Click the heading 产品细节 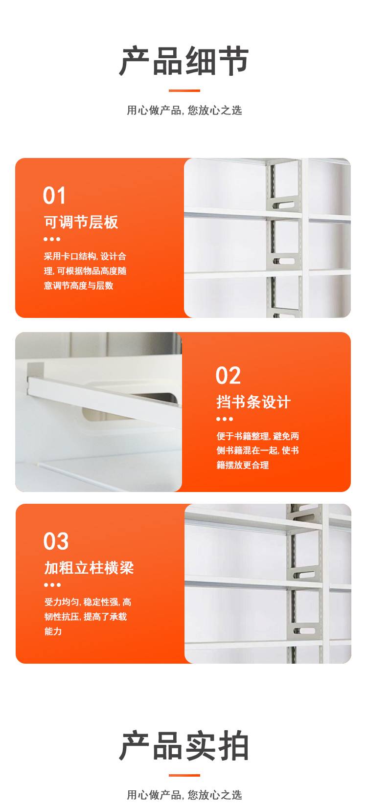[183, 61]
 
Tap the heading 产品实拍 [183, 745]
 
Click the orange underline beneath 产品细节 [184, 90]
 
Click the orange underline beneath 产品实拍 [184, 775]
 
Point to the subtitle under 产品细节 [184, 110]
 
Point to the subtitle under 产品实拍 [184, 794]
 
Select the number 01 [54, 196]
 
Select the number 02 [228, 376]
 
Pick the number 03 [56, 541]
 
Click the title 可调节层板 [81, 222]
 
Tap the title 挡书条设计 [253, 402]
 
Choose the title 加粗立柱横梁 [89, 568]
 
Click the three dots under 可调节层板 [52, 239]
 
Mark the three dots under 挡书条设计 [225, 419]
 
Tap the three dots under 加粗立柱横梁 [52, 585]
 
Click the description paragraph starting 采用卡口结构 [85, 271]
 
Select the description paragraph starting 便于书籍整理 [257, 450]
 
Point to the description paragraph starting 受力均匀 [88, 616]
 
